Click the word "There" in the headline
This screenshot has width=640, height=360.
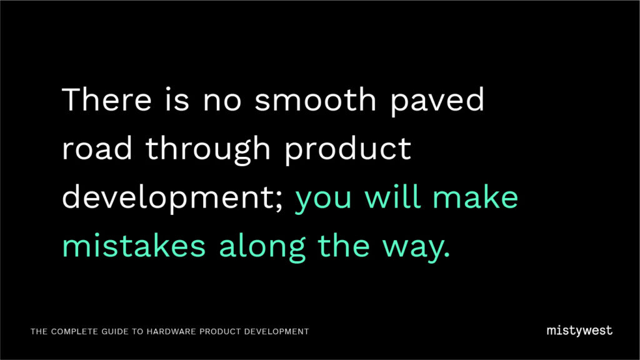(107, 99)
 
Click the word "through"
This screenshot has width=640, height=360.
(207, 151)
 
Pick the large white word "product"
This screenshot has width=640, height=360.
(347, 151)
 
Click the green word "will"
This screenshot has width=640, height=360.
(392, 197)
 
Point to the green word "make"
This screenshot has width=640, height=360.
(476, 197)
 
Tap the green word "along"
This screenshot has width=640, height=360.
(262, 248)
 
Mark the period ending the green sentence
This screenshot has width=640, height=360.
(446, 255)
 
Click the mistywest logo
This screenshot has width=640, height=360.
(579, 331)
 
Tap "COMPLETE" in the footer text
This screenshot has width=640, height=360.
(75, 331)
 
